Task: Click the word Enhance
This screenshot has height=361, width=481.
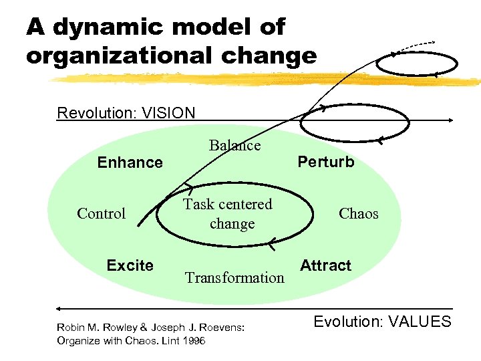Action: pyautogui.click(x=130, y=162)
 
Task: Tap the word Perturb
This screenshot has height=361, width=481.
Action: pyautogui.click(x=326, y=162)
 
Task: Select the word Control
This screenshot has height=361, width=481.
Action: pyautogui.click(x=101, y=214)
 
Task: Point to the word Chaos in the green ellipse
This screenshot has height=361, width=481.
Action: pyautogui.click(x=358, y=214)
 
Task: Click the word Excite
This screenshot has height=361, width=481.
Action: pyautogui.click(x=130, y=265)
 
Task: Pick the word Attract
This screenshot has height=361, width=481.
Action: pyautogui.click(x=325, y=265)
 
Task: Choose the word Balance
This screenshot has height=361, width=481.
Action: pyautogui.click(x=234, y=145)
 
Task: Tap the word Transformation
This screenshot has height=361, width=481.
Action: pyautogui.click(x=234, y=277)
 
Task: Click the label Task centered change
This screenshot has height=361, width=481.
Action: pyautogui.click(x=228, y=214)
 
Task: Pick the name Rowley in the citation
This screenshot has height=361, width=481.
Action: pyautogui.click(x=116, y=328)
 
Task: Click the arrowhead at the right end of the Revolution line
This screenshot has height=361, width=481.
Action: pyautogui.click(x=452, y=120)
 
